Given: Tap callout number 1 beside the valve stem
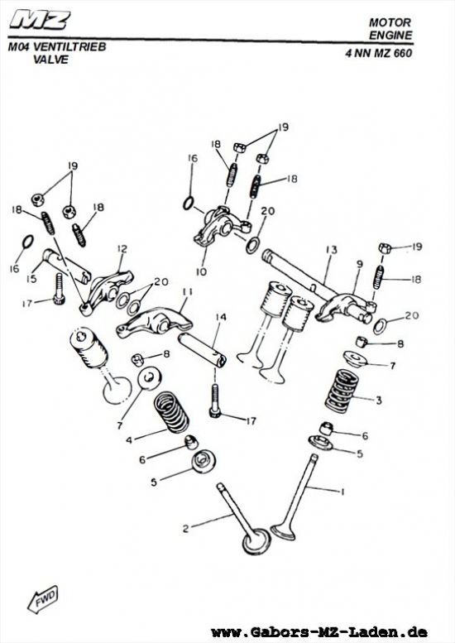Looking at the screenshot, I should coord(341,492).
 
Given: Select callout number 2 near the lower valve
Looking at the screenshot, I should coord(187,527).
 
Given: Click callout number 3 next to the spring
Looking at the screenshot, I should coord(378,401).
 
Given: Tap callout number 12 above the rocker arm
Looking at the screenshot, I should coord(121,248).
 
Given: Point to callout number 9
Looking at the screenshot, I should coord(360,265).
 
